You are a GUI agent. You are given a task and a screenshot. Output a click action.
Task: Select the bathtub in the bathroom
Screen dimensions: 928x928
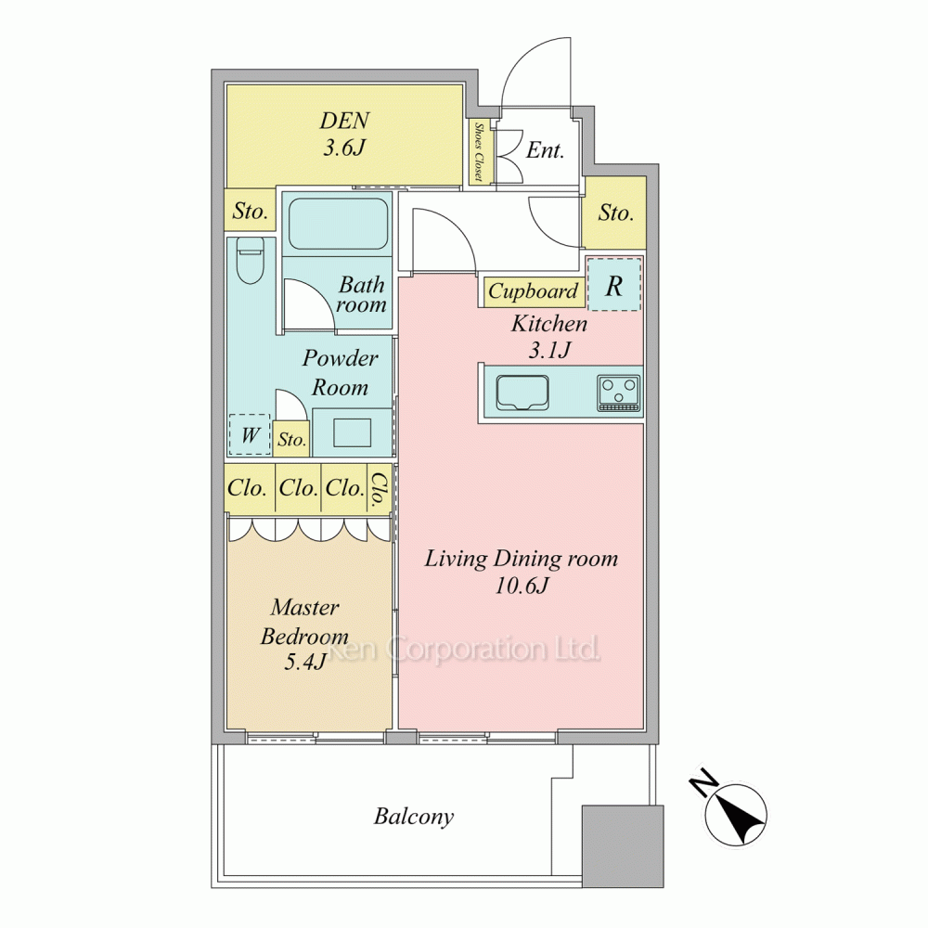pyautogui.click(x=338, y=224)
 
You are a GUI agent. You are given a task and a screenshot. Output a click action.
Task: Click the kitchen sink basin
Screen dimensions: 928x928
pyautogui.click(x=522, y=392)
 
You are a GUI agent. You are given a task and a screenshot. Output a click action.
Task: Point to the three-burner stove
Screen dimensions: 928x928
pyautogui.click(x=619, y=393)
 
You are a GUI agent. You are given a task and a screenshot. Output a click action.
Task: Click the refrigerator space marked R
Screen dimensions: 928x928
pyautogui.click(x=613, y=284)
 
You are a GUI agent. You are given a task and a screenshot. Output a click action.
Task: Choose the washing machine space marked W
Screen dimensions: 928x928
pyautogui.click(x=250, y=435)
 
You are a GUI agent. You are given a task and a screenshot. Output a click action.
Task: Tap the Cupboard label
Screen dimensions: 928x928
pyautogui.click(x=534, y=291)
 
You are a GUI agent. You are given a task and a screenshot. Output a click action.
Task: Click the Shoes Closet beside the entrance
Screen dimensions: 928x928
pyautogui.click(x=478, y=153)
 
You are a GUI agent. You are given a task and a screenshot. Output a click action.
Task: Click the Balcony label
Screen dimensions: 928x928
pyautogui.click(x=414, y=817)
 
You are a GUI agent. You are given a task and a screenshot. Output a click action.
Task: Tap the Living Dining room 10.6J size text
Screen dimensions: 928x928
pyautogui.click(x=522, y=586)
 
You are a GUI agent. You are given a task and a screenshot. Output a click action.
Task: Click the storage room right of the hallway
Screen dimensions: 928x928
pyautogui.click(x=614, y=213)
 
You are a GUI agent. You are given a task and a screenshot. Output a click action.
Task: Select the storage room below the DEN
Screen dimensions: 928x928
pyautogui.click(x=250, y=210)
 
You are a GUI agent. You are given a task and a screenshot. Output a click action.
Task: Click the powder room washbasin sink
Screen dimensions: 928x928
pyautogui.click(x=352, y=432)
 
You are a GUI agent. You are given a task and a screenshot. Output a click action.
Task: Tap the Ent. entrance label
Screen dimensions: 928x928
pyautogui.click(x=545, y=150)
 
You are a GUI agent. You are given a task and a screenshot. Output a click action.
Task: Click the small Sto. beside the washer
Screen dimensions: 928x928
pyautogui.click(x=291, y=439)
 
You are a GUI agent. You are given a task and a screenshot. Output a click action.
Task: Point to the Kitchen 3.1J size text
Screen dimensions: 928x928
pyautogui.click(x=549, y=351)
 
